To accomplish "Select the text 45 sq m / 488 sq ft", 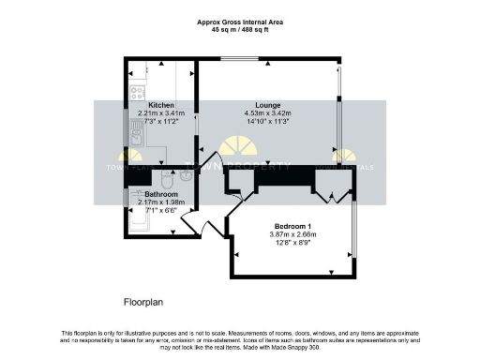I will click(x=241, y=29).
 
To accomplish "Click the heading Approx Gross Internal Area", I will click(x=241, y=21).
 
